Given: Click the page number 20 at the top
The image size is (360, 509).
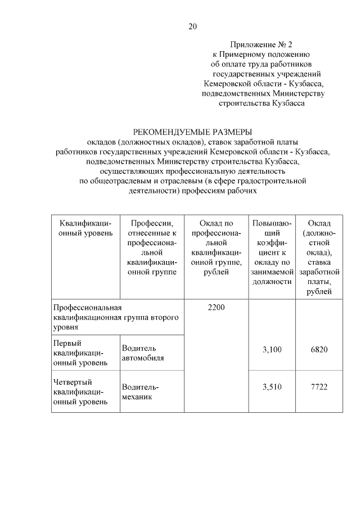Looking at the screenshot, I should tap(193, 26).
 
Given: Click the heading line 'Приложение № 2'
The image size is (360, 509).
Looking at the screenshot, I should tap(262, 43).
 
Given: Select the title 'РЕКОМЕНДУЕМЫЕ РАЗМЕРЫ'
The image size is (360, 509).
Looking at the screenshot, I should tap(192, 132).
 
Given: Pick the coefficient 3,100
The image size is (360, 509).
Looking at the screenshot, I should tap(272, 350).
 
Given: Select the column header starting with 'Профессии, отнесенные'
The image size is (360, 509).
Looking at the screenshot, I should tap(151, 247).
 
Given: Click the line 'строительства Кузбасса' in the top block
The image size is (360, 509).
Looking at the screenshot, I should tap(262, 103).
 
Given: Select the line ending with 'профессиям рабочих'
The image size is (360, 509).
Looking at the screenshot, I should tap(192, 191).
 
